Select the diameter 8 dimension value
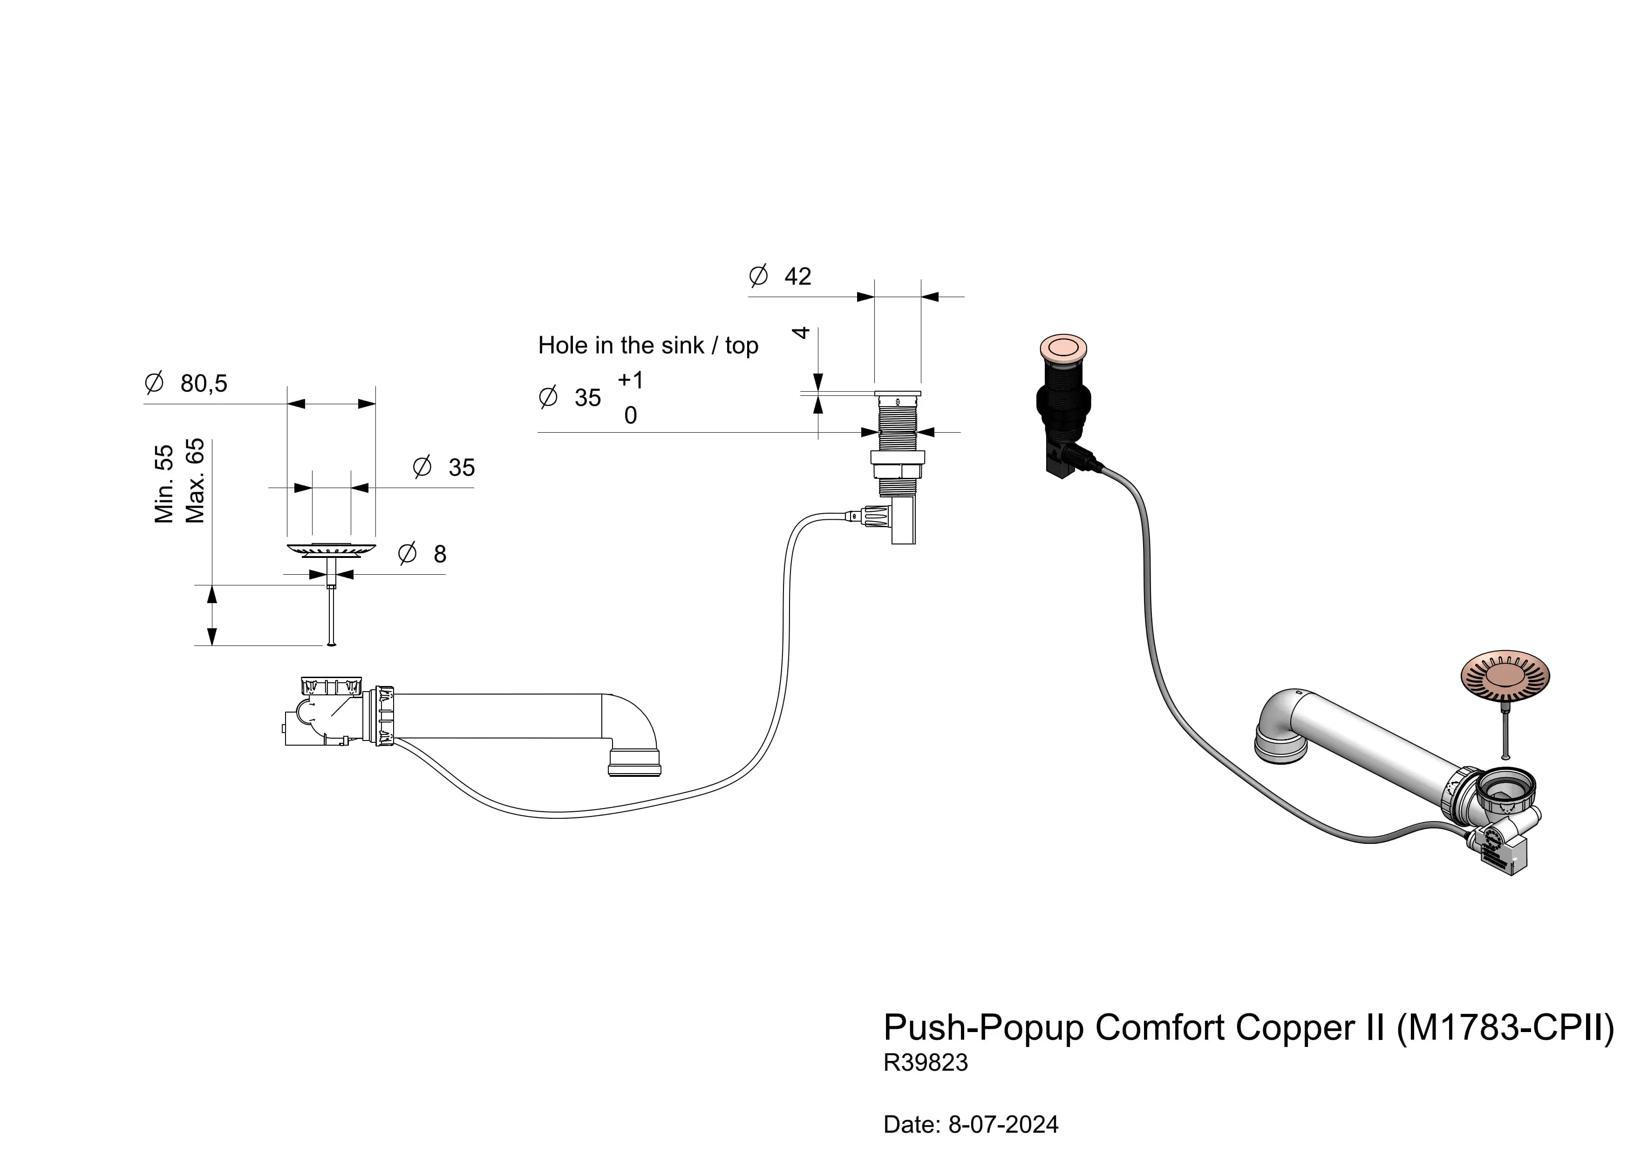(440, 554)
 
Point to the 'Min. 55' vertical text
(163, 484)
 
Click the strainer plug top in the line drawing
(331, 549)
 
